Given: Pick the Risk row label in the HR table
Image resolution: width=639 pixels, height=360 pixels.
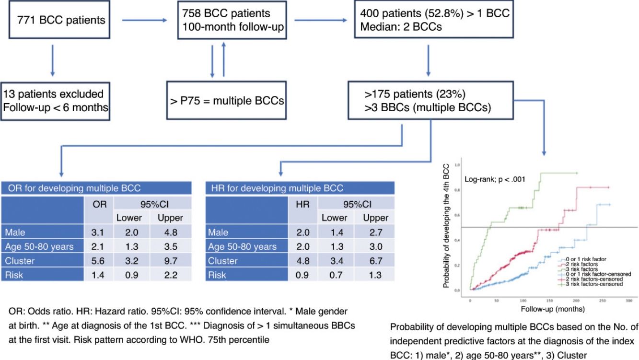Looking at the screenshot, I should [x=218, y=275].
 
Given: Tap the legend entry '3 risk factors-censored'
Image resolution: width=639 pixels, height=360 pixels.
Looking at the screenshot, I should [x=594, y=284].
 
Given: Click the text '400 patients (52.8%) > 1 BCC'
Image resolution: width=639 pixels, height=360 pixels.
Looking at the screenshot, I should [x=431, y=13].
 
